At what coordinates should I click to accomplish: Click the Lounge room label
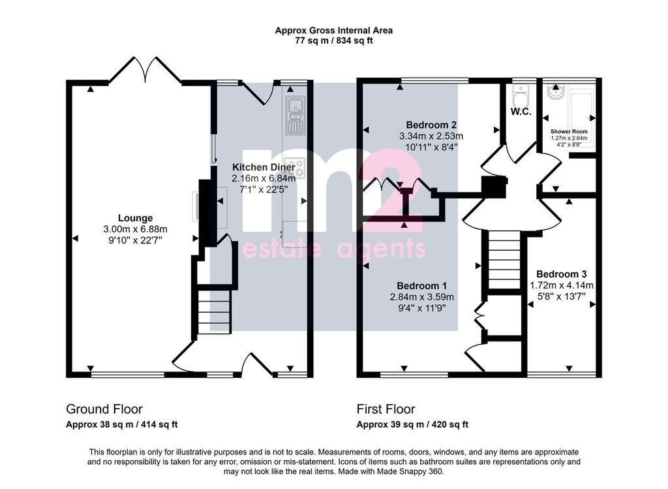(135, 218)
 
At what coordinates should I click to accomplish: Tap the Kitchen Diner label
(264, 167)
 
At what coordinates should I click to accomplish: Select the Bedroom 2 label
(431, 125)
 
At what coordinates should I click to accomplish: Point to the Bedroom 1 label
(422, 286)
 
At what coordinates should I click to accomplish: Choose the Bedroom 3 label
(562, 274)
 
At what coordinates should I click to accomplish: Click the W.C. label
(521, 112)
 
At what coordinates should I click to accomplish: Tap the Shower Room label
(569, 132)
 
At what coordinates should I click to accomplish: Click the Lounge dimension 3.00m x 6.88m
(135, 229)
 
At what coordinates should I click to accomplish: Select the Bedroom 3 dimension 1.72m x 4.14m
(562, 285)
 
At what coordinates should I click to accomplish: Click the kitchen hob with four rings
(296, 168)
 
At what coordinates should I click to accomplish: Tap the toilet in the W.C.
(520, 96)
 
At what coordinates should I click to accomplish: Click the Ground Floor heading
(104, 409)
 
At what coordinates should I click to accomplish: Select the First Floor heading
(386, 409)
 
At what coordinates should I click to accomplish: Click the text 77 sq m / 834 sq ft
(333, 41)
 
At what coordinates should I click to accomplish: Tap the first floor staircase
(504, 260)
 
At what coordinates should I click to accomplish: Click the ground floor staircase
(214, 311)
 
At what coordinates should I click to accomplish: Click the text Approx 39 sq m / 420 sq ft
(412, 424)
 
